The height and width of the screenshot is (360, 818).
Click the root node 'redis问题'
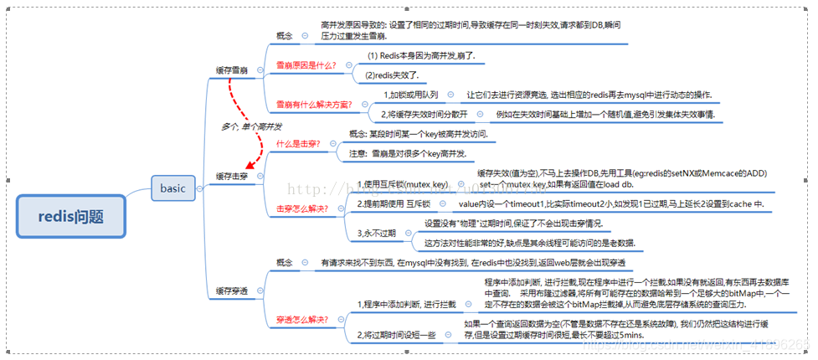coord(71,217)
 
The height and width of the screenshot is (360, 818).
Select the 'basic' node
coord(172,188)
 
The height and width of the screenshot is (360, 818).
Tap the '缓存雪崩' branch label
coord(231,70)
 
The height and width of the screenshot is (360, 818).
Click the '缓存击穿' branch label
coord(231,177)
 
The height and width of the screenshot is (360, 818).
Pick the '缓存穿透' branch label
coord(231,291)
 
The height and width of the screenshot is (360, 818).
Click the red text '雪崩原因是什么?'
coord(306,64)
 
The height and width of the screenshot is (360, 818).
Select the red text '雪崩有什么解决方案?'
coord(314,105)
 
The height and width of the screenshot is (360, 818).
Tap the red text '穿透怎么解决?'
coord(301,319)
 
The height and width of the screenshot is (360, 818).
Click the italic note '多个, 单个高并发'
coord(251,126)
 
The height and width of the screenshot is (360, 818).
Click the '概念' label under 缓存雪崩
coord(285,35)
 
